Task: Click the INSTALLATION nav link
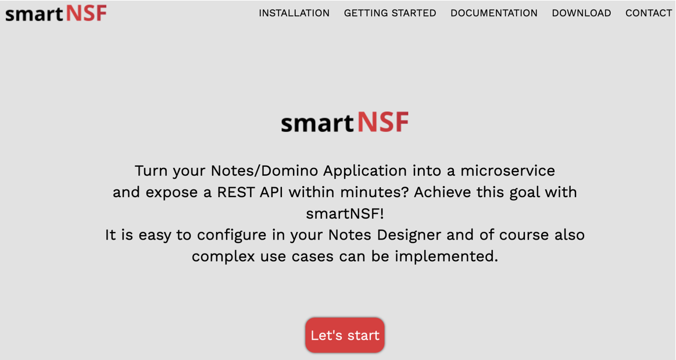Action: point(294,13)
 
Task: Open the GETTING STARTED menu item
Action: point(390,13)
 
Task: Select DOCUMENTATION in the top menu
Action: point(494,13)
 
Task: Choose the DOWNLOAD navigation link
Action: point(581,13)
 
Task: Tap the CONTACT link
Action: point(649,13)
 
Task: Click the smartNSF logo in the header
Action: point(56,13)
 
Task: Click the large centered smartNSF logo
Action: point(345,122)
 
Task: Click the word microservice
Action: point(507,171)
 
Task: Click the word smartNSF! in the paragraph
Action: point(345,213)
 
